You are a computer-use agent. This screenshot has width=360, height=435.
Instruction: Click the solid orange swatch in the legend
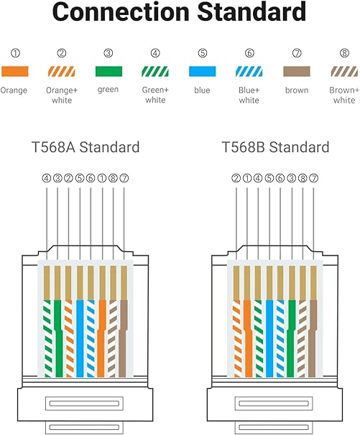pos(14,71)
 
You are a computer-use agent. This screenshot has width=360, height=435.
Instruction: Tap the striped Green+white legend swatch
pos(155,71)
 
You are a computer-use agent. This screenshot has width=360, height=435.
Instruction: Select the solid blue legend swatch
pos(202,71)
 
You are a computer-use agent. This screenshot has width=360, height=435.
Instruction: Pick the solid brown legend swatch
pos(296,71)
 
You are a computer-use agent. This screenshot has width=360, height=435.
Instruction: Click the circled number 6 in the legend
pos(249,52)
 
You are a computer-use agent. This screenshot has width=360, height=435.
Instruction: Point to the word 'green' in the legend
pos(108,90)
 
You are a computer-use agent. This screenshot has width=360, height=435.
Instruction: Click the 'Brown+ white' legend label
pos(344,95)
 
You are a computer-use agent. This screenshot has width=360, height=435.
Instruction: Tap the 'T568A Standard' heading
pos(86,147)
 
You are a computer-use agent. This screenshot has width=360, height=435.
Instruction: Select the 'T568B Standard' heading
pos(275,147)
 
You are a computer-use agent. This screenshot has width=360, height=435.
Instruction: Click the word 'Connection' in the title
pos(121,11)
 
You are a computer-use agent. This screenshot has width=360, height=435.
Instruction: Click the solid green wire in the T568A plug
pos(58,339)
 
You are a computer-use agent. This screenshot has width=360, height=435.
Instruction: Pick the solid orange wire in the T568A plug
pos(102,339)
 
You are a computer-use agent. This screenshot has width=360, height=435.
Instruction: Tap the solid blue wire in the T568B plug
pos(269,339)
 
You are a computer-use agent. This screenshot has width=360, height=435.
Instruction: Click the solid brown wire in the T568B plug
pos(313,339)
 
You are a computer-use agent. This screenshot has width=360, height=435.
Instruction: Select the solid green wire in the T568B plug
pos(292,339)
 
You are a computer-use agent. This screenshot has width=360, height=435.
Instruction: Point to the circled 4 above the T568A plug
pos(47,178)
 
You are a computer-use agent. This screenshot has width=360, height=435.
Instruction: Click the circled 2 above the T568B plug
pos(236,178)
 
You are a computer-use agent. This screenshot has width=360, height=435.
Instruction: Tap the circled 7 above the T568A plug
pos(124,178)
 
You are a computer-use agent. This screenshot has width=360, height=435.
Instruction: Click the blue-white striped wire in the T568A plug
pos(91,339)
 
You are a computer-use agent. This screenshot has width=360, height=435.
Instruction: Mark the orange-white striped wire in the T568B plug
pos(236,339)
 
